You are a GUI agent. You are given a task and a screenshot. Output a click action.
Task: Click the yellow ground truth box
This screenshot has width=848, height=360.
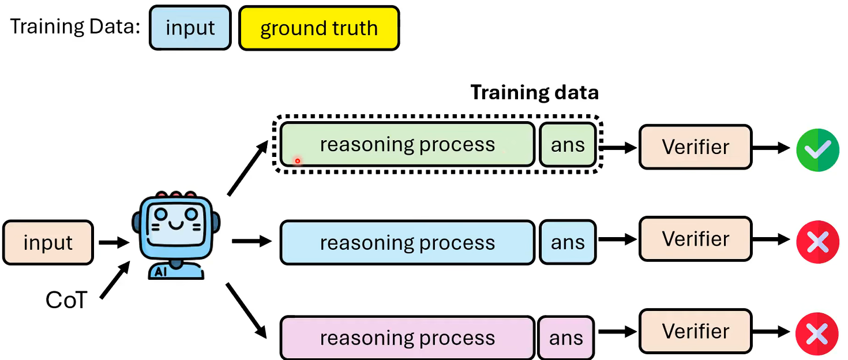(x=318, y=28)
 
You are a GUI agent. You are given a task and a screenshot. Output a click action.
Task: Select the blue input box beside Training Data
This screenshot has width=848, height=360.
(x=190, y=28)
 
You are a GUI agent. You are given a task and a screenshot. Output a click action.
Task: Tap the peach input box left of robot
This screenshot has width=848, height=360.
(x=48, y=242)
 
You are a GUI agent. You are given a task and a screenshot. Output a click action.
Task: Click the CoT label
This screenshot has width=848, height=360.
(x=66, y=300)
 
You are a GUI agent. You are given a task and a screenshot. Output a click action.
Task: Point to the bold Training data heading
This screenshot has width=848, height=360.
(x=534, y=92)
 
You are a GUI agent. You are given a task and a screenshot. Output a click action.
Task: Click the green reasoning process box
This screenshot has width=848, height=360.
(x=407, y=145)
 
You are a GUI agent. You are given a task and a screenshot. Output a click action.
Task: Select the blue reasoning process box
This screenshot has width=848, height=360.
(x=407, y=243)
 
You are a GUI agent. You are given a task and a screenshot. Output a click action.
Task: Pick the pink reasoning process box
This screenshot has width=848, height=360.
(x=407, y=337)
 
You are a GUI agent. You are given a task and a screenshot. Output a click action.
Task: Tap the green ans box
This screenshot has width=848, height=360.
(x=568, y=145)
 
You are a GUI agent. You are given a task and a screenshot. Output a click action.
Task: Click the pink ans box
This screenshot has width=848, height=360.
(x=566, y=337)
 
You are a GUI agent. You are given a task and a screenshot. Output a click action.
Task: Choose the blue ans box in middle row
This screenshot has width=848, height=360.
(x=568, y=243)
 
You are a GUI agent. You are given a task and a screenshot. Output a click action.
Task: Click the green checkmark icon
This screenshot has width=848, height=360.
(x=817, y=149)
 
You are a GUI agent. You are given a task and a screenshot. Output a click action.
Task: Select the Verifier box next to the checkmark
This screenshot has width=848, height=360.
(x=695, y=147)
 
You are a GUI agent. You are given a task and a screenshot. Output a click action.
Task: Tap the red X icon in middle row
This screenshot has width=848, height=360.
(x=817, y=242)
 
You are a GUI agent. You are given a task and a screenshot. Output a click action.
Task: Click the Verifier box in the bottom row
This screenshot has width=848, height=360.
(x=695, y=331)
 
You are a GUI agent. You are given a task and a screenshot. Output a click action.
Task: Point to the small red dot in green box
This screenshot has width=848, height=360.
(x=298, y=161)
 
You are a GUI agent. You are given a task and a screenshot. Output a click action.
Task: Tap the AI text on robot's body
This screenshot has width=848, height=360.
(x=162, y=272)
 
